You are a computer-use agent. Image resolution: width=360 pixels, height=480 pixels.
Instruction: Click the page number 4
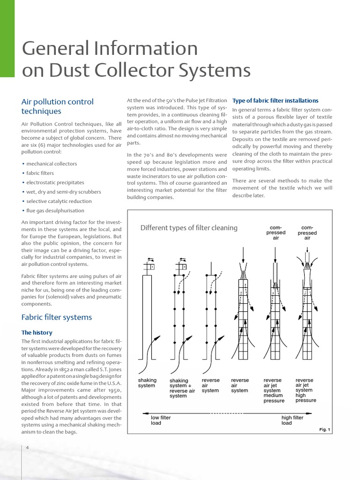tap(28, 448)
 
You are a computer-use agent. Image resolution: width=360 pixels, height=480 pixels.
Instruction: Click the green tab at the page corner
tap(7, 37)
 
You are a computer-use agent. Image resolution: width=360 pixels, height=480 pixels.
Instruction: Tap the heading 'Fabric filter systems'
tap(57, 317)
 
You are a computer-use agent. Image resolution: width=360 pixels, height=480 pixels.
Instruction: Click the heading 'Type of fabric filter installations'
tap(275, 101)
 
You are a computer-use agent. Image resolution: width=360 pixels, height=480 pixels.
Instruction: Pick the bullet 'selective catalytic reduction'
tap(59, 201)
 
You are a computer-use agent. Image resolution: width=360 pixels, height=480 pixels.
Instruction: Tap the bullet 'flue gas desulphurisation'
tap(55, 210)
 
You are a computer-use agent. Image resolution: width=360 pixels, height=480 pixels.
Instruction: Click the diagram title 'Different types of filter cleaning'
tap(189, 228)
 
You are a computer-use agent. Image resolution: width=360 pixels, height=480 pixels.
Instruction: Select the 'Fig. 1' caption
tap(324, 429)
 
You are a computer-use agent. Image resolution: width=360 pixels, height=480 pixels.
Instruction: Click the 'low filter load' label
tap(160, 420)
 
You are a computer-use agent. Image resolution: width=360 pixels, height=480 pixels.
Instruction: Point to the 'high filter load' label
tap(292, 420)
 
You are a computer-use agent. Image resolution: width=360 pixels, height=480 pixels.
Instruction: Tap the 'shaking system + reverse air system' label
tap(182, 388)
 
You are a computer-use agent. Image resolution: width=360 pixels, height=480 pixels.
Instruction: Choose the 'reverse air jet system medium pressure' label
tap(274, 390)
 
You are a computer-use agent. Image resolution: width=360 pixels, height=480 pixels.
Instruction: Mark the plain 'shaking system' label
tap(147, 383)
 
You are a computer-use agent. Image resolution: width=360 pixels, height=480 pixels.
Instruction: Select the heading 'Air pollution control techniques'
tap(57, 106)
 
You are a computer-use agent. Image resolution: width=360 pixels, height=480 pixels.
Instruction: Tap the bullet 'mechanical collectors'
tap(52, 164)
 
